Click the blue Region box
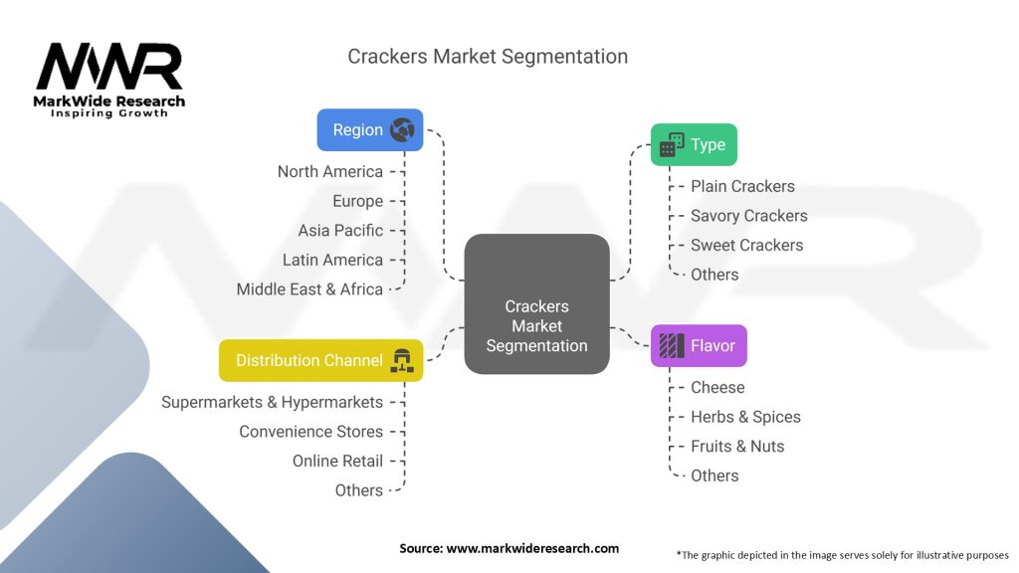369,130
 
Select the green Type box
694,145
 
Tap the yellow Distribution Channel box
320,360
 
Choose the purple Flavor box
698,346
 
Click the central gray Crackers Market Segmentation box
536,304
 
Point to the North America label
330,171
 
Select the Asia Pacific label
340,230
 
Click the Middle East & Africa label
309,288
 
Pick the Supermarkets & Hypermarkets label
272,402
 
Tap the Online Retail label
337,461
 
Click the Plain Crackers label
742,186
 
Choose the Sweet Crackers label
746,245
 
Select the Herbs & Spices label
745,417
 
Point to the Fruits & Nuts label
737,446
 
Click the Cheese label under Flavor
717,387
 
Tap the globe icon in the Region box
402,130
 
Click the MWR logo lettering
109,68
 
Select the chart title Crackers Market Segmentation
488,56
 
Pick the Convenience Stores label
310,432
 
